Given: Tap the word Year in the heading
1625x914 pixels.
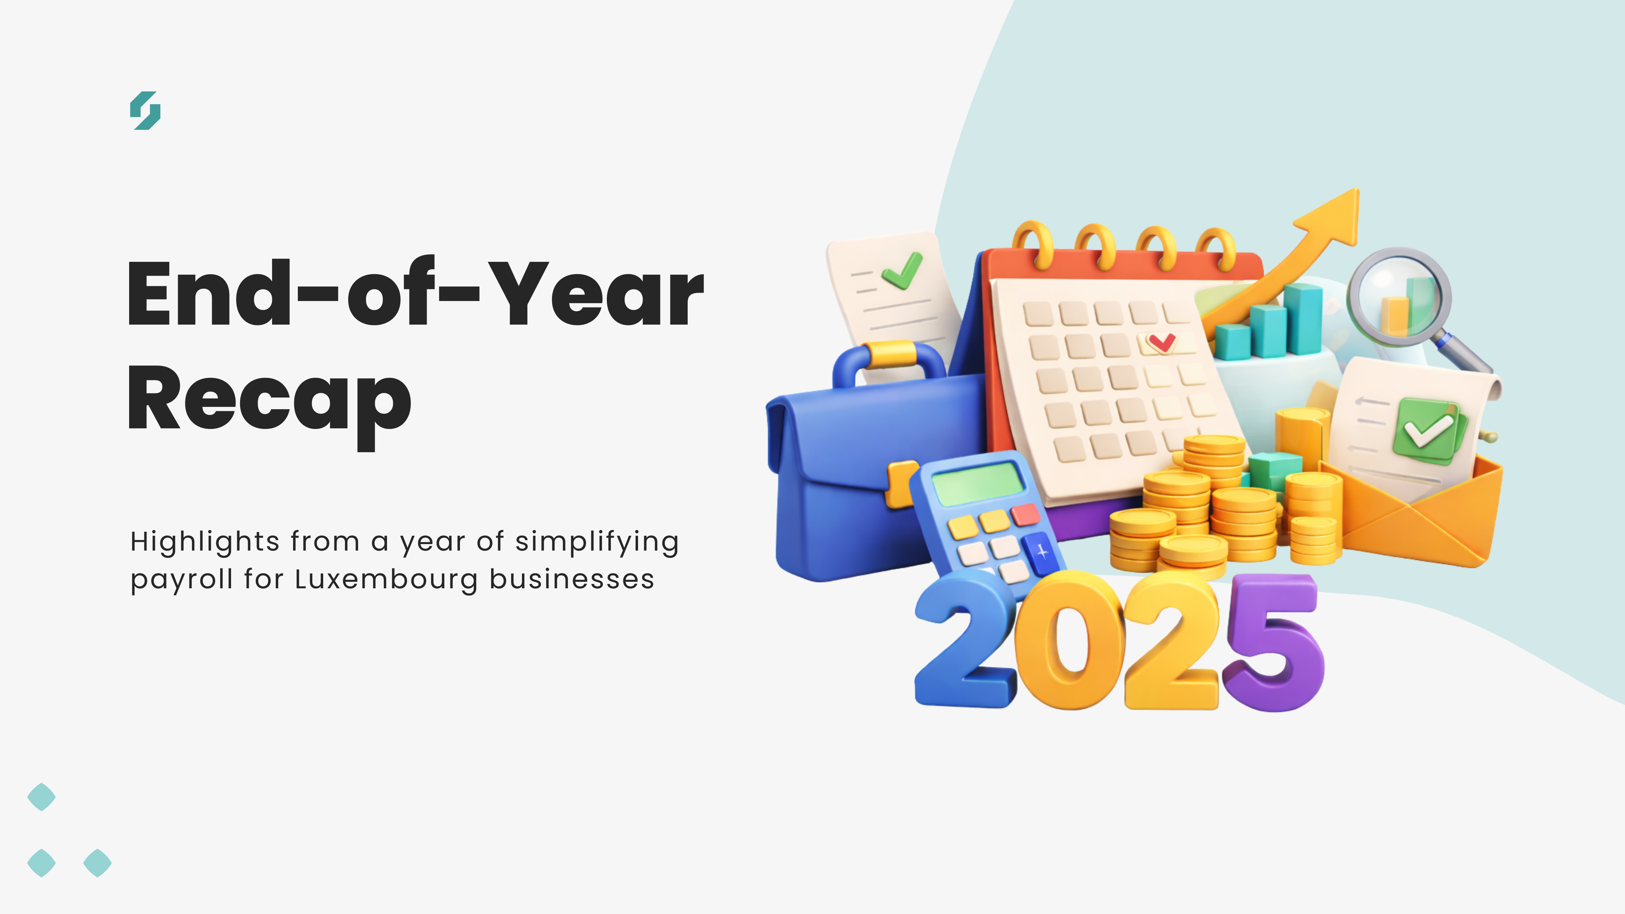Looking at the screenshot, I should pos(596,295).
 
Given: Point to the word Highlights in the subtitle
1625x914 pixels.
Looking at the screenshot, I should pos(205,542).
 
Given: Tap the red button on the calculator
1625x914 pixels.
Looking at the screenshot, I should pos(1026,514).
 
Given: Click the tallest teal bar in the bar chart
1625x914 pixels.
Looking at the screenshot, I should pos(1304,318).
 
